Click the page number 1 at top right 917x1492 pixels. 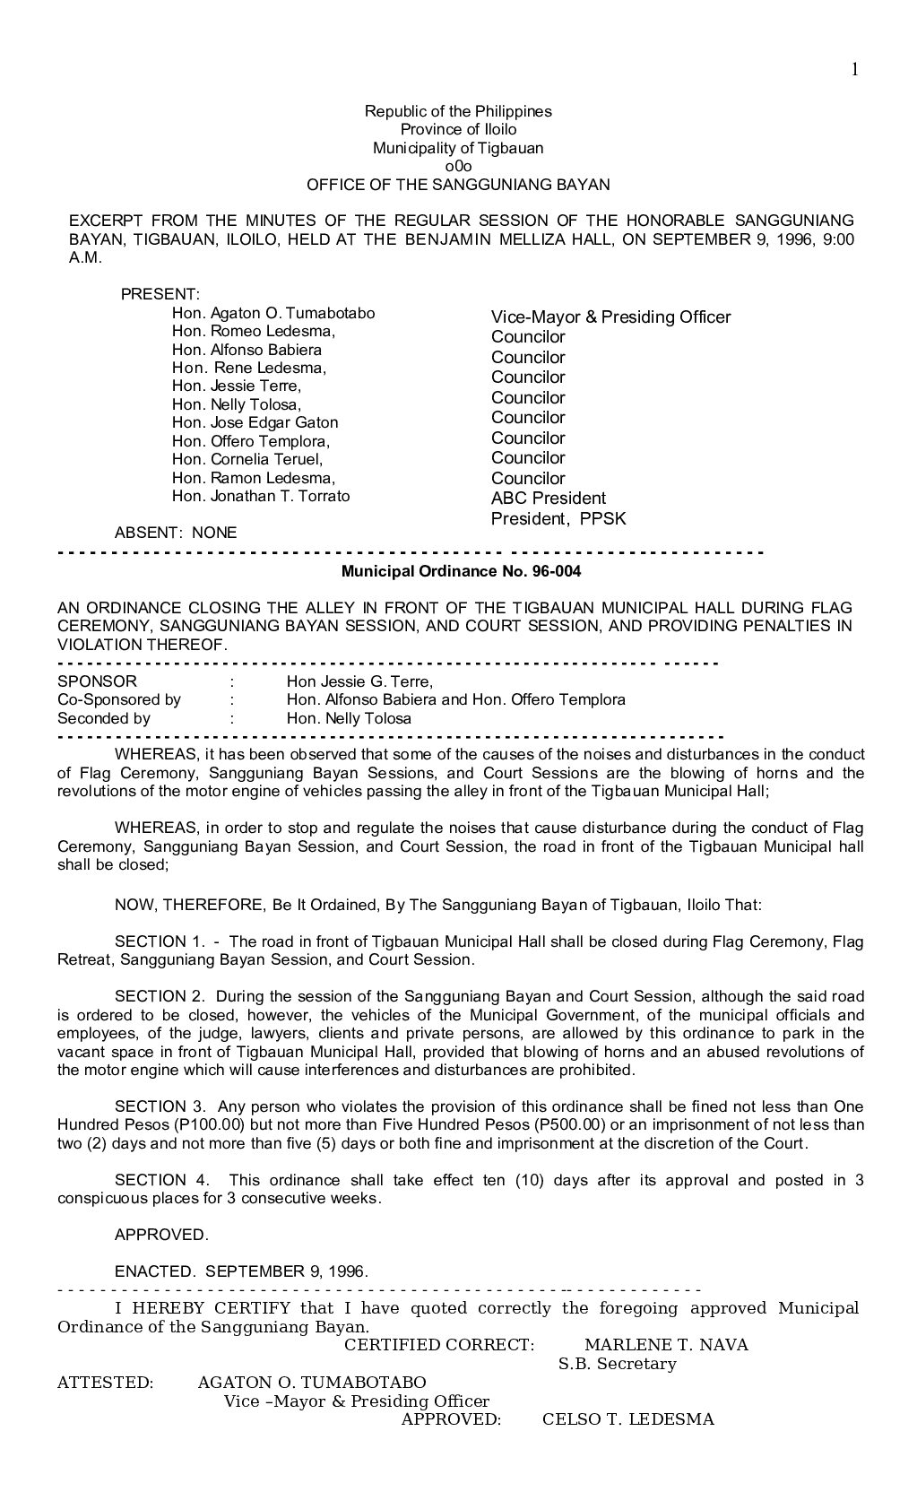(x=854, y=70)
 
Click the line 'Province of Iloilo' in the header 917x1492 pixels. (x=458, y=130)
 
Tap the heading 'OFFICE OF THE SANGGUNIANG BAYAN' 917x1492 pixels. (x=458, y=186)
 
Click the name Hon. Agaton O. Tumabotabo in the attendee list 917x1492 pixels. (x=273, y=314)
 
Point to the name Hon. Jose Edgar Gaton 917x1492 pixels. (x=255, y=423)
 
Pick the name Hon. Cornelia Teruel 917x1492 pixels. (x=247, y=460)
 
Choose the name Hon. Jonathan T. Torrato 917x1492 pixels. (x=261, y=497)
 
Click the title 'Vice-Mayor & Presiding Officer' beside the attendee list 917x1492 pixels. (x=610, y=317)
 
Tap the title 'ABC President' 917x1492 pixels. (x=548, y=499)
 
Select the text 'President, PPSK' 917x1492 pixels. (x=558, y=519)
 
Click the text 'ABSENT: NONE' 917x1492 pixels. (x=176, y=533)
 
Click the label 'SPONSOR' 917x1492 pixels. (x=97, y=681)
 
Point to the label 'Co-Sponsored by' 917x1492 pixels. (x=119, y=700)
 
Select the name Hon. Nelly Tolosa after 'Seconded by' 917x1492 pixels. (x=349, y=719)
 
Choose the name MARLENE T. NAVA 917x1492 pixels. (x=666, y=1345)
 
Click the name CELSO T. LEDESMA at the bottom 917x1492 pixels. (x=628, y=1419)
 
